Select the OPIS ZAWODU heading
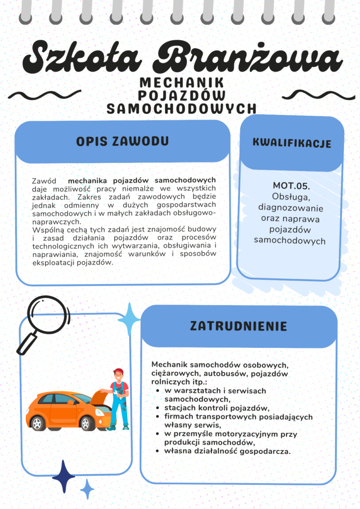(x=122, y=141)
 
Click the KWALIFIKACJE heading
(x=292, y=143)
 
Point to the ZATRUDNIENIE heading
(x=239, y=326)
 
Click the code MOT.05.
(x=291, y=186)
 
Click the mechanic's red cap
(x=118, y=371)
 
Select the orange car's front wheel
(x=87, y=423)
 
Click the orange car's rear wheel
(x=37, y=423)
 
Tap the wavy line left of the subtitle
(x=45, y=94)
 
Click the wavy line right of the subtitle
(x=315, y=94)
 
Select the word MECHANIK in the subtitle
(x=181, y=83)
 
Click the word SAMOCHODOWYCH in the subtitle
(x=181, y=108)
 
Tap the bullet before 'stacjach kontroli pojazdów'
(x=158, y=408)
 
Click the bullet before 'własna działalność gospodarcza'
(x=158, y=451)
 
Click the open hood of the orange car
(x=98, y=398)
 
